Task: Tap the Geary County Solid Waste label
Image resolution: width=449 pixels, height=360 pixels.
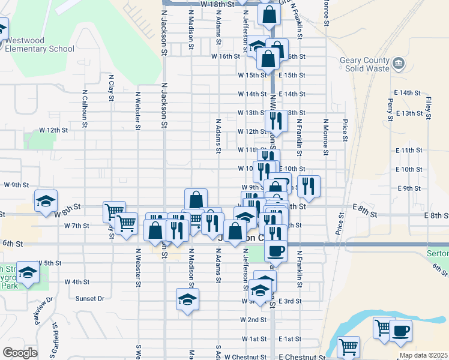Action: pyautogui.click(x=366, y=64)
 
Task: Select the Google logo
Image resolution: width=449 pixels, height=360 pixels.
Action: pyautogui.click(x=20, y=353)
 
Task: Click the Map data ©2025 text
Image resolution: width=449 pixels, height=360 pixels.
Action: pyautogui.click(x=423, y=355)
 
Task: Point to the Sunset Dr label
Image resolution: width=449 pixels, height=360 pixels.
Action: pyautogui.click(x=90, y=298)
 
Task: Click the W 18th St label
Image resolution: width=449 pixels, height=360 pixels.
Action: pyautogui.click(x=216, y=4)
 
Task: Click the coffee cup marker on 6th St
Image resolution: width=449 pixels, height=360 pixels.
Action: pyautogui.click(x=276, y=250)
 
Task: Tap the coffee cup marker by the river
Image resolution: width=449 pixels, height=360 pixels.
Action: pyautogui.click(x=400, y=329)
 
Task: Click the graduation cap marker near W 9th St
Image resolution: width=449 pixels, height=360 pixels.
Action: pyautogui.click(x=45, y=201)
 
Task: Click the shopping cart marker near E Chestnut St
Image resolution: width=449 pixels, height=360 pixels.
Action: pyautogui.click(x=348, y=346)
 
